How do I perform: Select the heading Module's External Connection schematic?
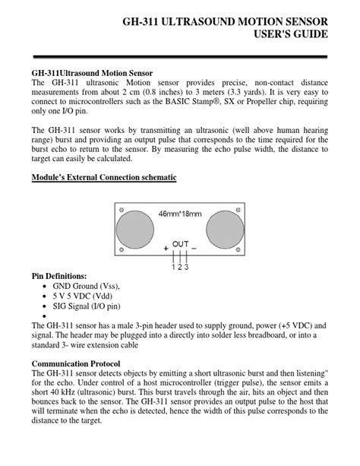pyautogui.click(x=104, y=178)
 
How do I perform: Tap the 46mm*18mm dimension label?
pyautogui.click(x=180, y=214)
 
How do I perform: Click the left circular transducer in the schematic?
pyautogui.click(x=135, y=228)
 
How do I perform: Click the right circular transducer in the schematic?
pyautogui.click(x=224, y=228)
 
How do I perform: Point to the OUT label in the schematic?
pyautogui.click(x=180, y=244)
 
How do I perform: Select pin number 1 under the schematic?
pyautogui.click(x=173, y=267)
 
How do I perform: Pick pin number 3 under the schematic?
pyautogui.click(x=186, y=267)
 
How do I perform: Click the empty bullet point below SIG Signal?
pyautogui.click(x=46, y=318)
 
